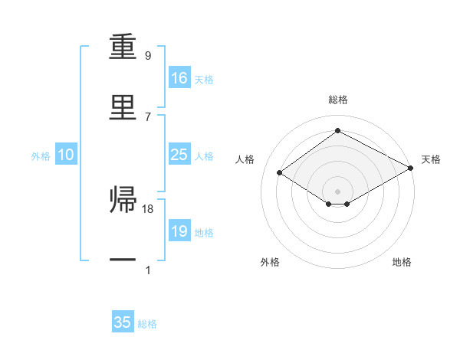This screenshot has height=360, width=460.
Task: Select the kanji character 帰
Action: click(x=123, y=200)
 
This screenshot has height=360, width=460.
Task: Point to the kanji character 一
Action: click(x=123, y=260)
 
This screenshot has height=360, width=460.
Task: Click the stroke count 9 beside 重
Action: click(x=148, y=55)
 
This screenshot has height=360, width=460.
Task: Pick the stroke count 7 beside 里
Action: click(x=148, y=116)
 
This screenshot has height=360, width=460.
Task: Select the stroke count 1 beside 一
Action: click(x=148, y=270)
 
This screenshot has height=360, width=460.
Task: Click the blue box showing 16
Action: click(x=179, y=78)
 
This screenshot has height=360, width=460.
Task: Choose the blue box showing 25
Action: click(x=179, y=155)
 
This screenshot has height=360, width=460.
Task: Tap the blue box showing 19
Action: click(x=179, y=231)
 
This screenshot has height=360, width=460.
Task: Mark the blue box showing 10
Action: click(x=66, y=155)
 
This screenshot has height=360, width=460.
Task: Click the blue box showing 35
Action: click(x=123, y=322)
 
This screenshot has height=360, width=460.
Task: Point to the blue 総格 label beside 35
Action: click(x=147, y=324)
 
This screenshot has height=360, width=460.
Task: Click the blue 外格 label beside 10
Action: click(x=41, y=156)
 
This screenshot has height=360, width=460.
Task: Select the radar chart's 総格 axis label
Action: click(x=337, y=100)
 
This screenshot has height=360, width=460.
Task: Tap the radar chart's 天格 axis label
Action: click(x=431, y=159)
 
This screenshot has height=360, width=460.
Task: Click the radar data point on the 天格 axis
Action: click(x=412, y=169)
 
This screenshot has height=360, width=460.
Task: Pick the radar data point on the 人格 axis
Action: click(x=280, y=173)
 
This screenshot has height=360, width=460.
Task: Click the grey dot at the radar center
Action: click(x=337, y=190)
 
